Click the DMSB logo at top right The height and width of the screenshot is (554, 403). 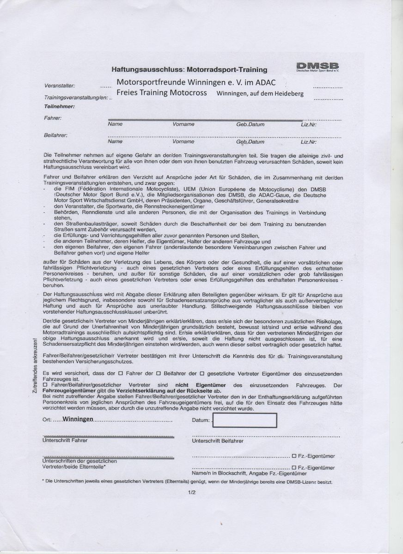coord(318,67)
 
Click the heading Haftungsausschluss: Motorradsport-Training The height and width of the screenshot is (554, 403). coord(189,70)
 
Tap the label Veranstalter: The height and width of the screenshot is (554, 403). coord(60,86)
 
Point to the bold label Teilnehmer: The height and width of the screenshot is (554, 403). coord(59,107)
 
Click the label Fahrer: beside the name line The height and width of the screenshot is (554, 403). coord(52,118)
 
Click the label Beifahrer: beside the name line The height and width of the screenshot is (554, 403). coord(55,135)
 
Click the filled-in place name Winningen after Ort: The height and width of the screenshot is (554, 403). coord(79,419)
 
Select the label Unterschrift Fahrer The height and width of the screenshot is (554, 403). coord(65,440)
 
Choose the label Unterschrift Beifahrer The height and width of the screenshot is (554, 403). coord(217,441)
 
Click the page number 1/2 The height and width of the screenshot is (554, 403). coord(192,492)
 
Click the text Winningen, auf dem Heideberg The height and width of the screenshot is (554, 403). coord(260,94)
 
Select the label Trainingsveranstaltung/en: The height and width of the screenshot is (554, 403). coord(76,98)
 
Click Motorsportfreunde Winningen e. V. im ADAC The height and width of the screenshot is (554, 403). coord(196,82)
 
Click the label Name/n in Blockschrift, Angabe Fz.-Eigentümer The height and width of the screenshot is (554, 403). coord(249,474)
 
